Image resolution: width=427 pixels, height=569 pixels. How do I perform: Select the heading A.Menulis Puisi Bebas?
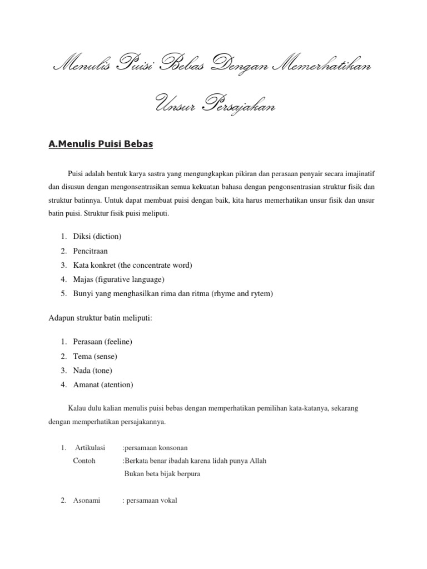[x=101, y=145]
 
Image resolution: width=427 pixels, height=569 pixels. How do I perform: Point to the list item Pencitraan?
[x=90, y=251]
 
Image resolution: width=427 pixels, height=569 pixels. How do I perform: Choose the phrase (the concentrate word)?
[x=152, y=265]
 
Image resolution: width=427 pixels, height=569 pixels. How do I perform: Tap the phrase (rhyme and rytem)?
[x=242, y=293]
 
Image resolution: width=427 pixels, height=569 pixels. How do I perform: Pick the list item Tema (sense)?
[x=95, y=356]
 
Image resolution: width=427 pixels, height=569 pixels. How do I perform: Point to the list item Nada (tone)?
[x=92, y=370]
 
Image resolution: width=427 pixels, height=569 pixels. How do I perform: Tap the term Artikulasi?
[x=90, y=447]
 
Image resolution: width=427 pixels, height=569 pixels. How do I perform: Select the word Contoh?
[x=84, y=461]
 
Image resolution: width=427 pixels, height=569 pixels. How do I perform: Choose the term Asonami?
[x=87, y=501]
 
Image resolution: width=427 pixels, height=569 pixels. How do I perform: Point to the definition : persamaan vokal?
[x=150, y=501]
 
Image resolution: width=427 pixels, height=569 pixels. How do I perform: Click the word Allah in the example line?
[x=257, y=461]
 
